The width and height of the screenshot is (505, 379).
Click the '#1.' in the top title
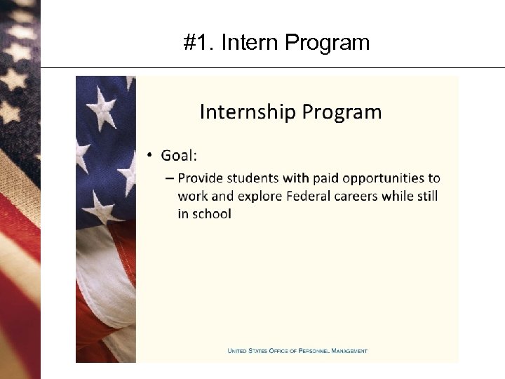(x=198, y=44)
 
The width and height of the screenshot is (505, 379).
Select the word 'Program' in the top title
(x=328, y=44)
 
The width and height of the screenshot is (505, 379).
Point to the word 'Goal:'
(x=179, y=155)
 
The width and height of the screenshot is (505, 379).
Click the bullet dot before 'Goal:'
(x=150, y=156)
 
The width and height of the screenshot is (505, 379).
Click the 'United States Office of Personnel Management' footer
(x=297, y=351)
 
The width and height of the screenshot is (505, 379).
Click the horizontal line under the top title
(x=274, y=67)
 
